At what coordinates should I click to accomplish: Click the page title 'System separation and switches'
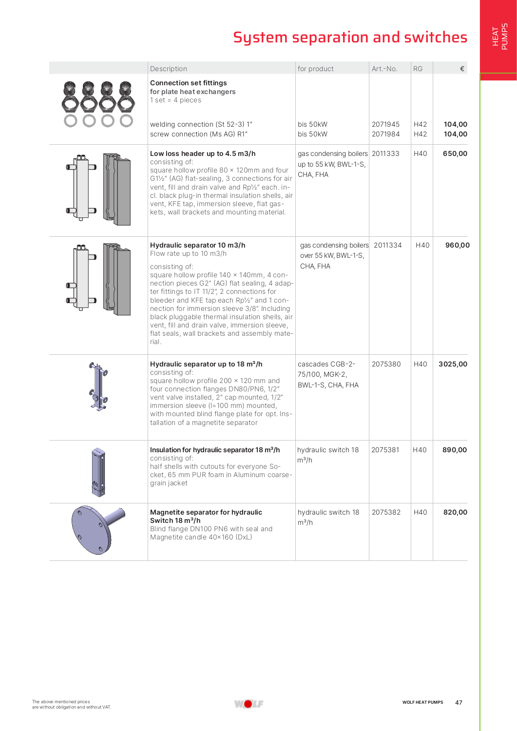[x=350, y=37]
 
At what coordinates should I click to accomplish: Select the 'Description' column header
[x=169, y=69]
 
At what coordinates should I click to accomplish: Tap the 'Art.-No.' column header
[x=384, y=69]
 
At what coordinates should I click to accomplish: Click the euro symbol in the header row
[x=462, y=69]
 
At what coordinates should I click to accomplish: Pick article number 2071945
[x=385, y=124]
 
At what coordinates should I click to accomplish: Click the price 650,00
[x=455, y=154]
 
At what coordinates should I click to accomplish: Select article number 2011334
[x=387, y=245]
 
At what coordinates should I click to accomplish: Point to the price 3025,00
[x=453, y=364]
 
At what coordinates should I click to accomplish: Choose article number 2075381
[x=385, y=450]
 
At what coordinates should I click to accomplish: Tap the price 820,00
[x=455, y=512]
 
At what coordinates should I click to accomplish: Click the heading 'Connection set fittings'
[x=188, y=83]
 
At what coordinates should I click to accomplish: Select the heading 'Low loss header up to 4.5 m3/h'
[x=203, y=154]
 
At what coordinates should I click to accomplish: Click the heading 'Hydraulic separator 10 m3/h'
[x=197, y=245]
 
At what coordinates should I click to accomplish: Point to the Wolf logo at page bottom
[x=249, y=704]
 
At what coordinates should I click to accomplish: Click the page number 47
[x=459, y=702]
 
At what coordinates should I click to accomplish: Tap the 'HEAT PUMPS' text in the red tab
[x=500, y=37]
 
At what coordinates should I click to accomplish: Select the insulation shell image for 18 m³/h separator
[x=98, y=472]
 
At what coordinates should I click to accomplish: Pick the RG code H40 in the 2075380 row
[x=420, y=364]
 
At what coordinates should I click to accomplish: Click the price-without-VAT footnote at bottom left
[x=72, y=704]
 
